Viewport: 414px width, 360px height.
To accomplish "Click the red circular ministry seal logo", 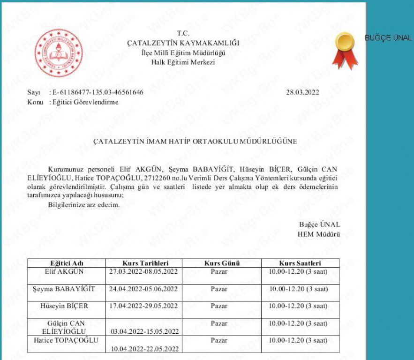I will coord(59,53).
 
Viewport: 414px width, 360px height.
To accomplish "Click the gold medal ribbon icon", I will coord(345,50).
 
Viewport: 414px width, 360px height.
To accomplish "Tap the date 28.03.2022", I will coord(302,92).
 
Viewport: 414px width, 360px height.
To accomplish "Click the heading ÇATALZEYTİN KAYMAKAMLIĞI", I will coord(183,43).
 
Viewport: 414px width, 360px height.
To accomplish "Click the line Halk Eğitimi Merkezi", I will coord(183,62).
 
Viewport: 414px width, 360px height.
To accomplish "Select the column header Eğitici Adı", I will coord(67,263).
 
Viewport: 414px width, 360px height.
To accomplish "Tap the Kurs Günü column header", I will coord(222,263).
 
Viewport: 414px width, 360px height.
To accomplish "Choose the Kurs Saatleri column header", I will coord(300,263).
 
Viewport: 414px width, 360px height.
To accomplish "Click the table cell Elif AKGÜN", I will coord(67,271).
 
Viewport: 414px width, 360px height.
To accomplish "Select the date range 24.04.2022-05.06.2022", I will coord(143,289).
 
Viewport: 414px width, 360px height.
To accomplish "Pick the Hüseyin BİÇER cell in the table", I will coord(67,306).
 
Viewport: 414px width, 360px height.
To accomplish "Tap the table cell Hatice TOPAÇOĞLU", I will coord(66,340).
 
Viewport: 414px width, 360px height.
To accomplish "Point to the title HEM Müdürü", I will coord(319,234).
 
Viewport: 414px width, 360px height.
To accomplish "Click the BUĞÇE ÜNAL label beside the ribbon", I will coord(389,38).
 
